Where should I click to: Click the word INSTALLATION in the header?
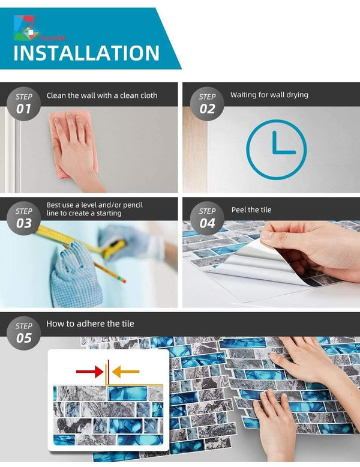86,53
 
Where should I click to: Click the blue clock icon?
276,149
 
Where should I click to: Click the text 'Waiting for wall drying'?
269,95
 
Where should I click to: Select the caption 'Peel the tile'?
251,209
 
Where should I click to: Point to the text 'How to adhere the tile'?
90,324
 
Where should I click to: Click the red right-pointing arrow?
89,372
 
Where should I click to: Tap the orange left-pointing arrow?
126,372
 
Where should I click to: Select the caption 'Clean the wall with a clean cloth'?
102,95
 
